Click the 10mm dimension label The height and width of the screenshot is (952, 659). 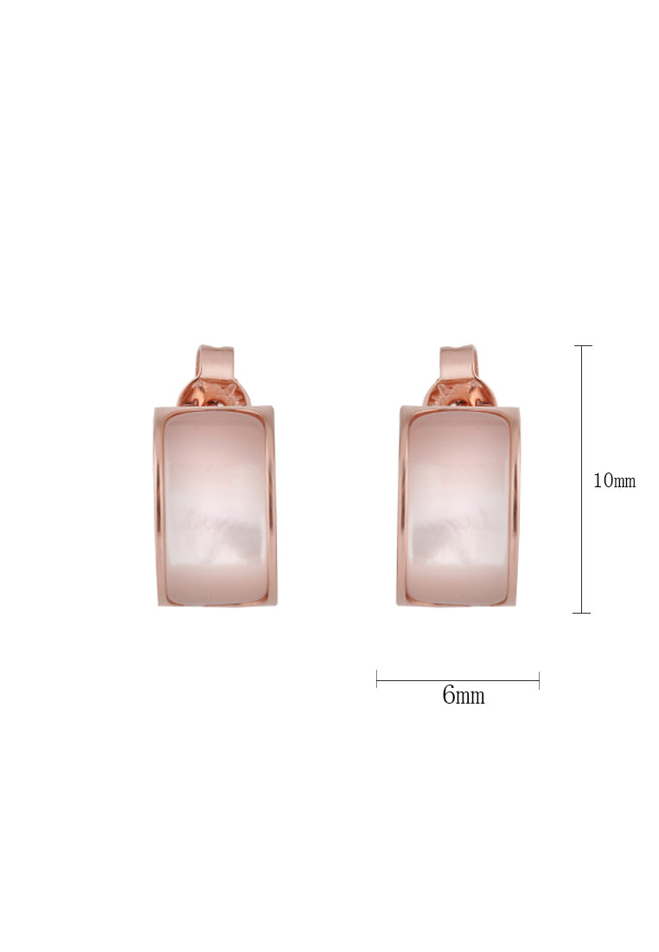click(x=614, y=481)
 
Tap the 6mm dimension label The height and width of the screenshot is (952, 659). click(x=464, y=695)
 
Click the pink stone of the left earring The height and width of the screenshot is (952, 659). click(x=216, y=507)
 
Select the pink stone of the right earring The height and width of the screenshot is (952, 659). click(x=458, y=507)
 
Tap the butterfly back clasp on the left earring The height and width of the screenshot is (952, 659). click(x=214, y=393)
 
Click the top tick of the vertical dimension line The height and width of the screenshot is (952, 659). click(x=583, y=345)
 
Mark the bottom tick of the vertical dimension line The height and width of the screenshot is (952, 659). click(x=581, y=613)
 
